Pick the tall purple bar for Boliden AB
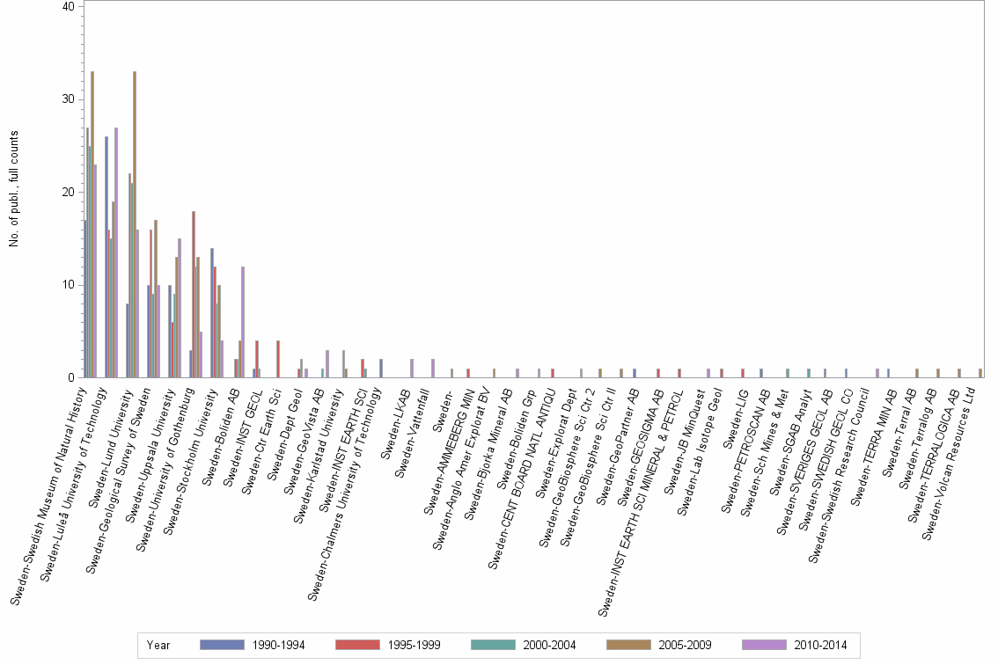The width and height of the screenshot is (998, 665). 243,322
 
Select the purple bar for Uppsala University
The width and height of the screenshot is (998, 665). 180,308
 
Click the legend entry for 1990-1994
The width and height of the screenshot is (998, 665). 251,646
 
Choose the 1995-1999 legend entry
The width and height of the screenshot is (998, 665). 387,646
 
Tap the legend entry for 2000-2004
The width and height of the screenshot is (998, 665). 523,646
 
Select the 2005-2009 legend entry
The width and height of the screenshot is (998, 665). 658,646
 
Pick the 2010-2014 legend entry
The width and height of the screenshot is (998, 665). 794,646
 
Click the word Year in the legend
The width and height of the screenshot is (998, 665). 159,646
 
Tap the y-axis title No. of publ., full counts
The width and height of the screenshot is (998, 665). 14,189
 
